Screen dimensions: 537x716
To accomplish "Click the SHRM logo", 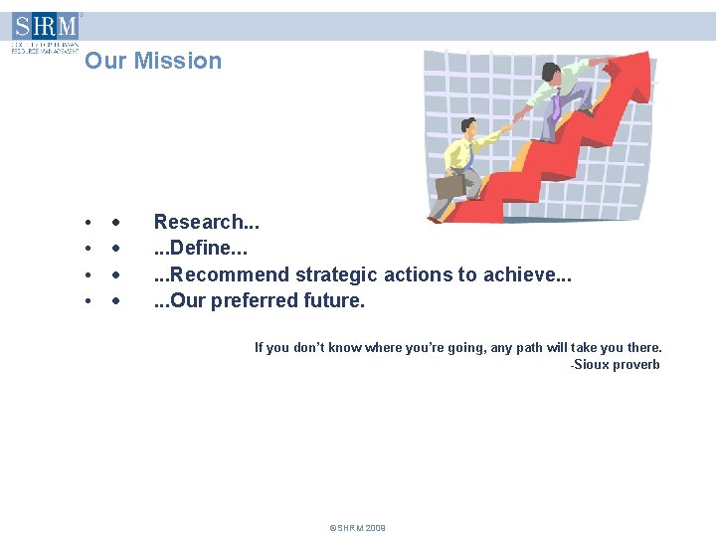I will [45, 30].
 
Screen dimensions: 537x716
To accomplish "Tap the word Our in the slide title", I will [105, 61].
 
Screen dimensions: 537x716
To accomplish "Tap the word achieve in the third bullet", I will [523, 274].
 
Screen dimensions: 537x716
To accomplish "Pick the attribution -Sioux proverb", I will [615, 365].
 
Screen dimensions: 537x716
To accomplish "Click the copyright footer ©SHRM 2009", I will [357, 528].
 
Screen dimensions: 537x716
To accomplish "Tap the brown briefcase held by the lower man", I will [449, 185].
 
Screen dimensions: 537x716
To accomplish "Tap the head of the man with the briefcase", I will [468, 125].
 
